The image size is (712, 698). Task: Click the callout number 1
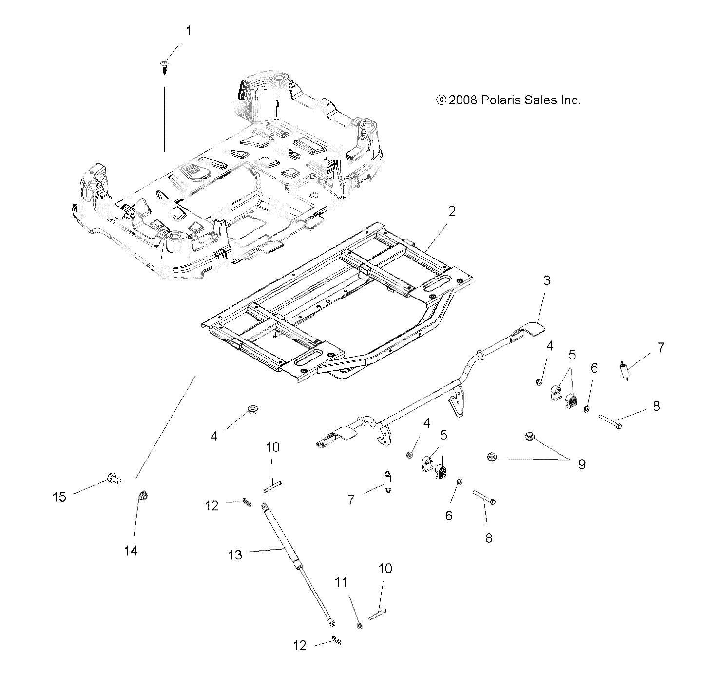click(x=189, y=31)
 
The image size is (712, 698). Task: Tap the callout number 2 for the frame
click(x=452, y=211)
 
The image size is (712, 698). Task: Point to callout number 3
click(x=547, y=280)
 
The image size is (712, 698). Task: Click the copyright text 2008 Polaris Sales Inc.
click(x=508, y=100)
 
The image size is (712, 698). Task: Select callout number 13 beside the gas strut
click(x=235, y=555)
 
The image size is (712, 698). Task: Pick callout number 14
click(x=131, y=551)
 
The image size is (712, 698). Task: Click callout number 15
click(x=59, y=498)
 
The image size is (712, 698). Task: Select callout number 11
click(x=342, y=582)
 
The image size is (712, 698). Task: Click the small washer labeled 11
click(x=359, y=626)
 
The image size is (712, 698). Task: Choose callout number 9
click(x=582, y=464)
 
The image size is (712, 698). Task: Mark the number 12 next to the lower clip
click(x=300, y=646)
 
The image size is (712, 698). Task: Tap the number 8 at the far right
click(x=656, y=406)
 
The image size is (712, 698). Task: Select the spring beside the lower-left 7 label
click(x=388, y=481)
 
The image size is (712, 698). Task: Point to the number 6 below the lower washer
click(x=449, y=516)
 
